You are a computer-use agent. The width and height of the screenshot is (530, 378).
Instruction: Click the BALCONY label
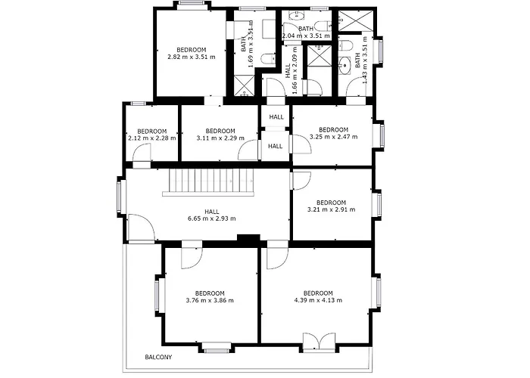[158, 357]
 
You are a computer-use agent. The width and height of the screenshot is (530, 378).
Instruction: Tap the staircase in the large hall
[208, 182]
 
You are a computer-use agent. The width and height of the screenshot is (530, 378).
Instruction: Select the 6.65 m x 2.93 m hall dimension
[211, 218]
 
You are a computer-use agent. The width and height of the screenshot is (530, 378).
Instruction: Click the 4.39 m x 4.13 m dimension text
[318, 300]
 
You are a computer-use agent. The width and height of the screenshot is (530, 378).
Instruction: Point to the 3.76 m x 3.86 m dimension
[210, 300]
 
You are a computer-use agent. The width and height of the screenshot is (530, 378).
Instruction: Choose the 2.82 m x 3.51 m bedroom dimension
[192, 57]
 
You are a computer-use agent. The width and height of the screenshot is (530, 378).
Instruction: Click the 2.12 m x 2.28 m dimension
[152, 138]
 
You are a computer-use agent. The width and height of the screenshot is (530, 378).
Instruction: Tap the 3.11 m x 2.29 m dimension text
[220, 138]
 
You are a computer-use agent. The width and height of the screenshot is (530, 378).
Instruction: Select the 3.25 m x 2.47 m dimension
[334, 137]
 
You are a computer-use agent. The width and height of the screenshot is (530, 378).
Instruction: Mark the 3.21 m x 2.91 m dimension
[332, 209]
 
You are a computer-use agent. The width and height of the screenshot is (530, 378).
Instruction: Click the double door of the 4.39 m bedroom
[319, 342]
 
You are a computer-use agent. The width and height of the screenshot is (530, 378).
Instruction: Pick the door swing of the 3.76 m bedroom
[192, 255]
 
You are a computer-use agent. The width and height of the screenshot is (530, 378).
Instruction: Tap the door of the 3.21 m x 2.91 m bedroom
[301, 181]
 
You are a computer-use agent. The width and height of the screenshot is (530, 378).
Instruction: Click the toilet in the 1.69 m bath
[269, 59]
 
